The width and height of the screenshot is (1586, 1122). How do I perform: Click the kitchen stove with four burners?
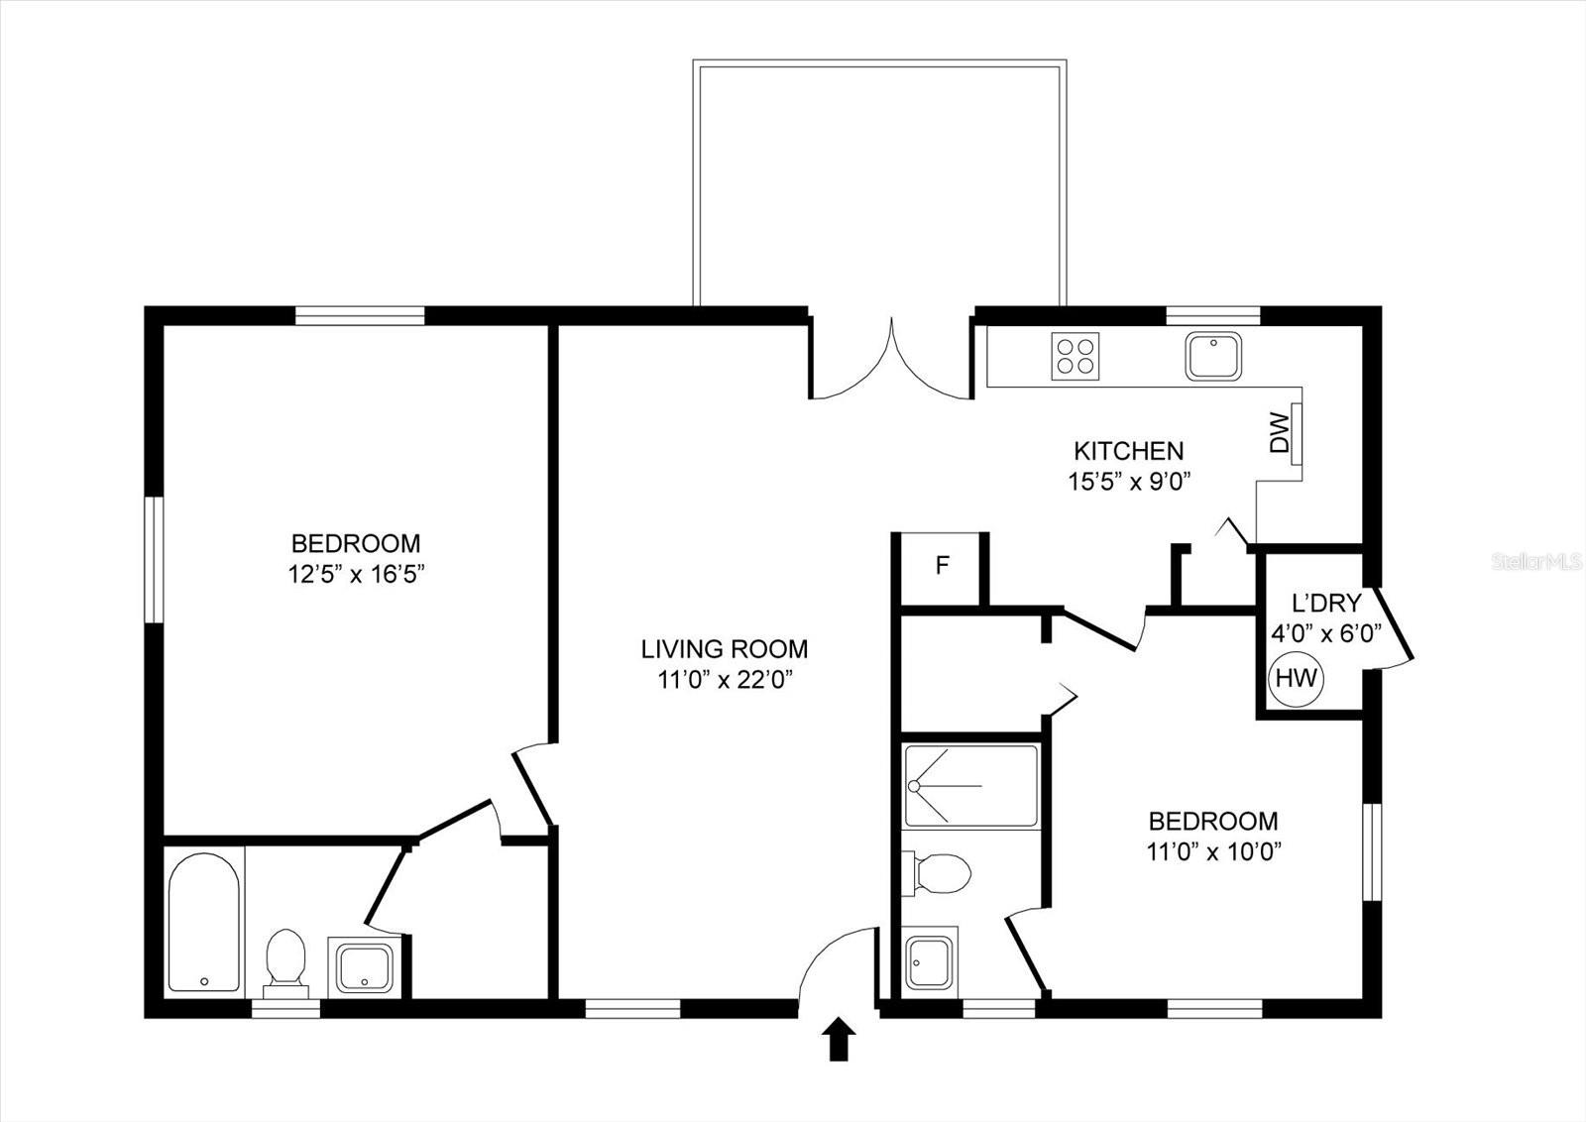1076,355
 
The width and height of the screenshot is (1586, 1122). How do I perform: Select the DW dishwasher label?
1280,432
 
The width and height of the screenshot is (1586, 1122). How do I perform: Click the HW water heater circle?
1296,679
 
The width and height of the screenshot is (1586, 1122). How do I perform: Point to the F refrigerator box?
943,566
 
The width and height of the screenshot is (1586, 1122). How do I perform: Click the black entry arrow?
839,1039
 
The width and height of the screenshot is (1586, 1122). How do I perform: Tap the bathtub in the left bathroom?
204,922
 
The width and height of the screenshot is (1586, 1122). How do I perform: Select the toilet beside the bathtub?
285,958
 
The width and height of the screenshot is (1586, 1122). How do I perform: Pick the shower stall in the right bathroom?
970,785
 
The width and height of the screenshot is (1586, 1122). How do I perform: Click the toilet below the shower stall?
937,873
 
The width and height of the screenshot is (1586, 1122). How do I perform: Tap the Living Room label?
725,649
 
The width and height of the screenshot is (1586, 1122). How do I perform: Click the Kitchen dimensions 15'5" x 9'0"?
1127,482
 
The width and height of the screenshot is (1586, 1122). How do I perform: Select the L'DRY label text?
1326,603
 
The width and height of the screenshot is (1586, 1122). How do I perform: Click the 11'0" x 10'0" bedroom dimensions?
1213,851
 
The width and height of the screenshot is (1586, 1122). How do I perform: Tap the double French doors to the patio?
892,359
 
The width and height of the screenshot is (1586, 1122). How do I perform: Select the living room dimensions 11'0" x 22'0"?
725,680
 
